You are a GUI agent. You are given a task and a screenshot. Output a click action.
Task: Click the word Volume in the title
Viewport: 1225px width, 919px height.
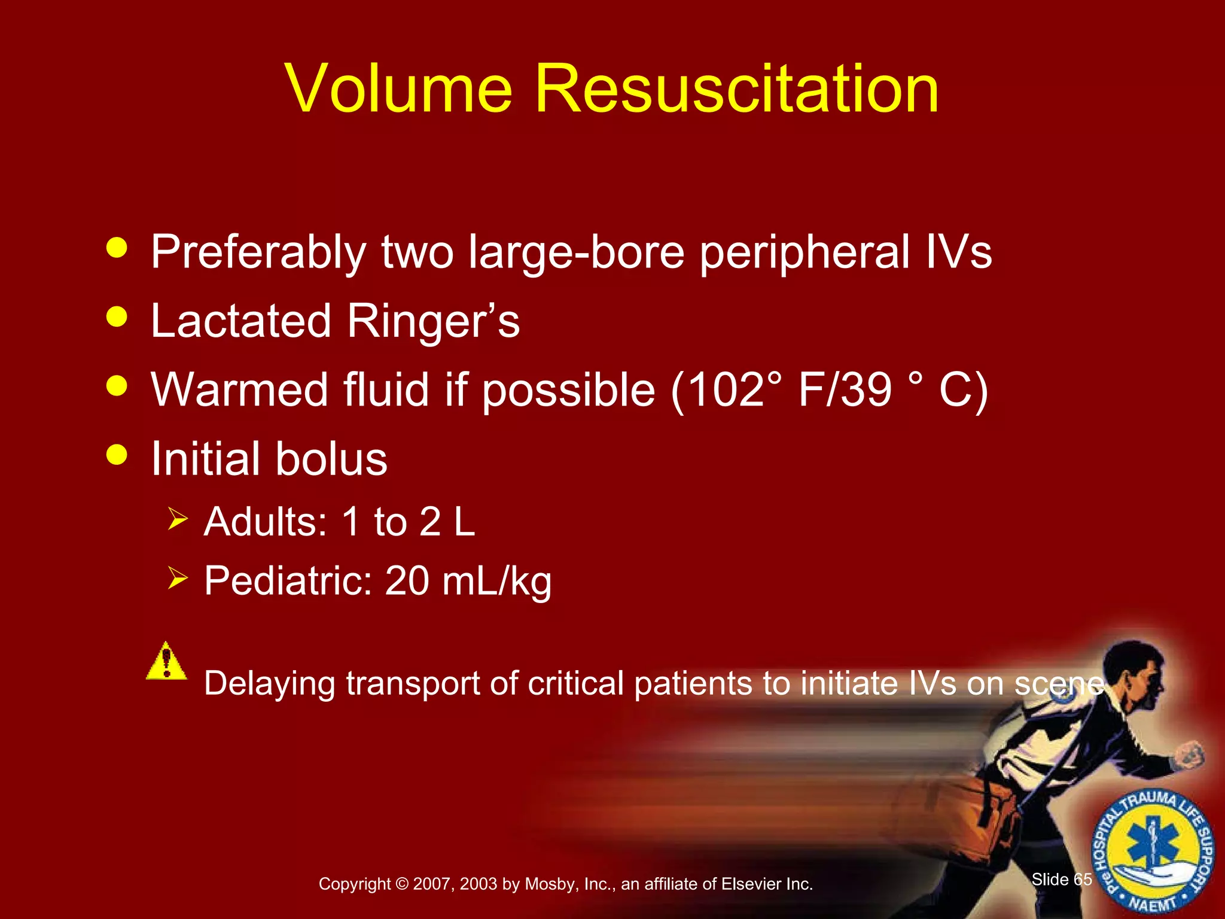(x=399, y=89)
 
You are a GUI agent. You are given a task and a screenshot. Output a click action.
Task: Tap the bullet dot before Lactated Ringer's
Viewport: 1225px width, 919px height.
(x=117, y=316)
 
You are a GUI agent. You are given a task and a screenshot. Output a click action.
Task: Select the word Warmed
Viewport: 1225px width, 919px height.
(x=239, y=390)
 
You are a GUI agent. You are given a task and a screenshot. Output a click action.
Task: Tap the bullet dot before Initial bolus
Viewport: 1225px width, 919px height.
(x=117, y=454)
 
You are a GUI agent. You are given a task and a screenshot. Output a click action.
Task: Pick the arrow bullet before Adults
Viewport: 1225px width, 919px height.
(x=178, y=518)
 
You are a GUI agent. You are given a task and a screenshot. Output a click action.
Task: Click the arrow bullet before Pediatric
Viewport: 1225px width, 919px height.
(x=178, y=578)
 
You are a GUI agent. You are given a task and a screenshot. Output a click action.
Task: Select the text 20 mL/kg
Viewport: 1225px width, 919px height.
(x=468, y=582)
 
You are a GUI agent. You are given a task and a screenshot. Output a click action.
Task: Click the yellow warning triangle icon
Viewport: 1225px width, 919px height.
(x=166, y=661)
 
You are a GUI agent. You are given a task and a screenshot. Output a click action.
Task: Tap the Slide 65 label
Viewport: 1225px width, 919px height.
(x=1061, y=879)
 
